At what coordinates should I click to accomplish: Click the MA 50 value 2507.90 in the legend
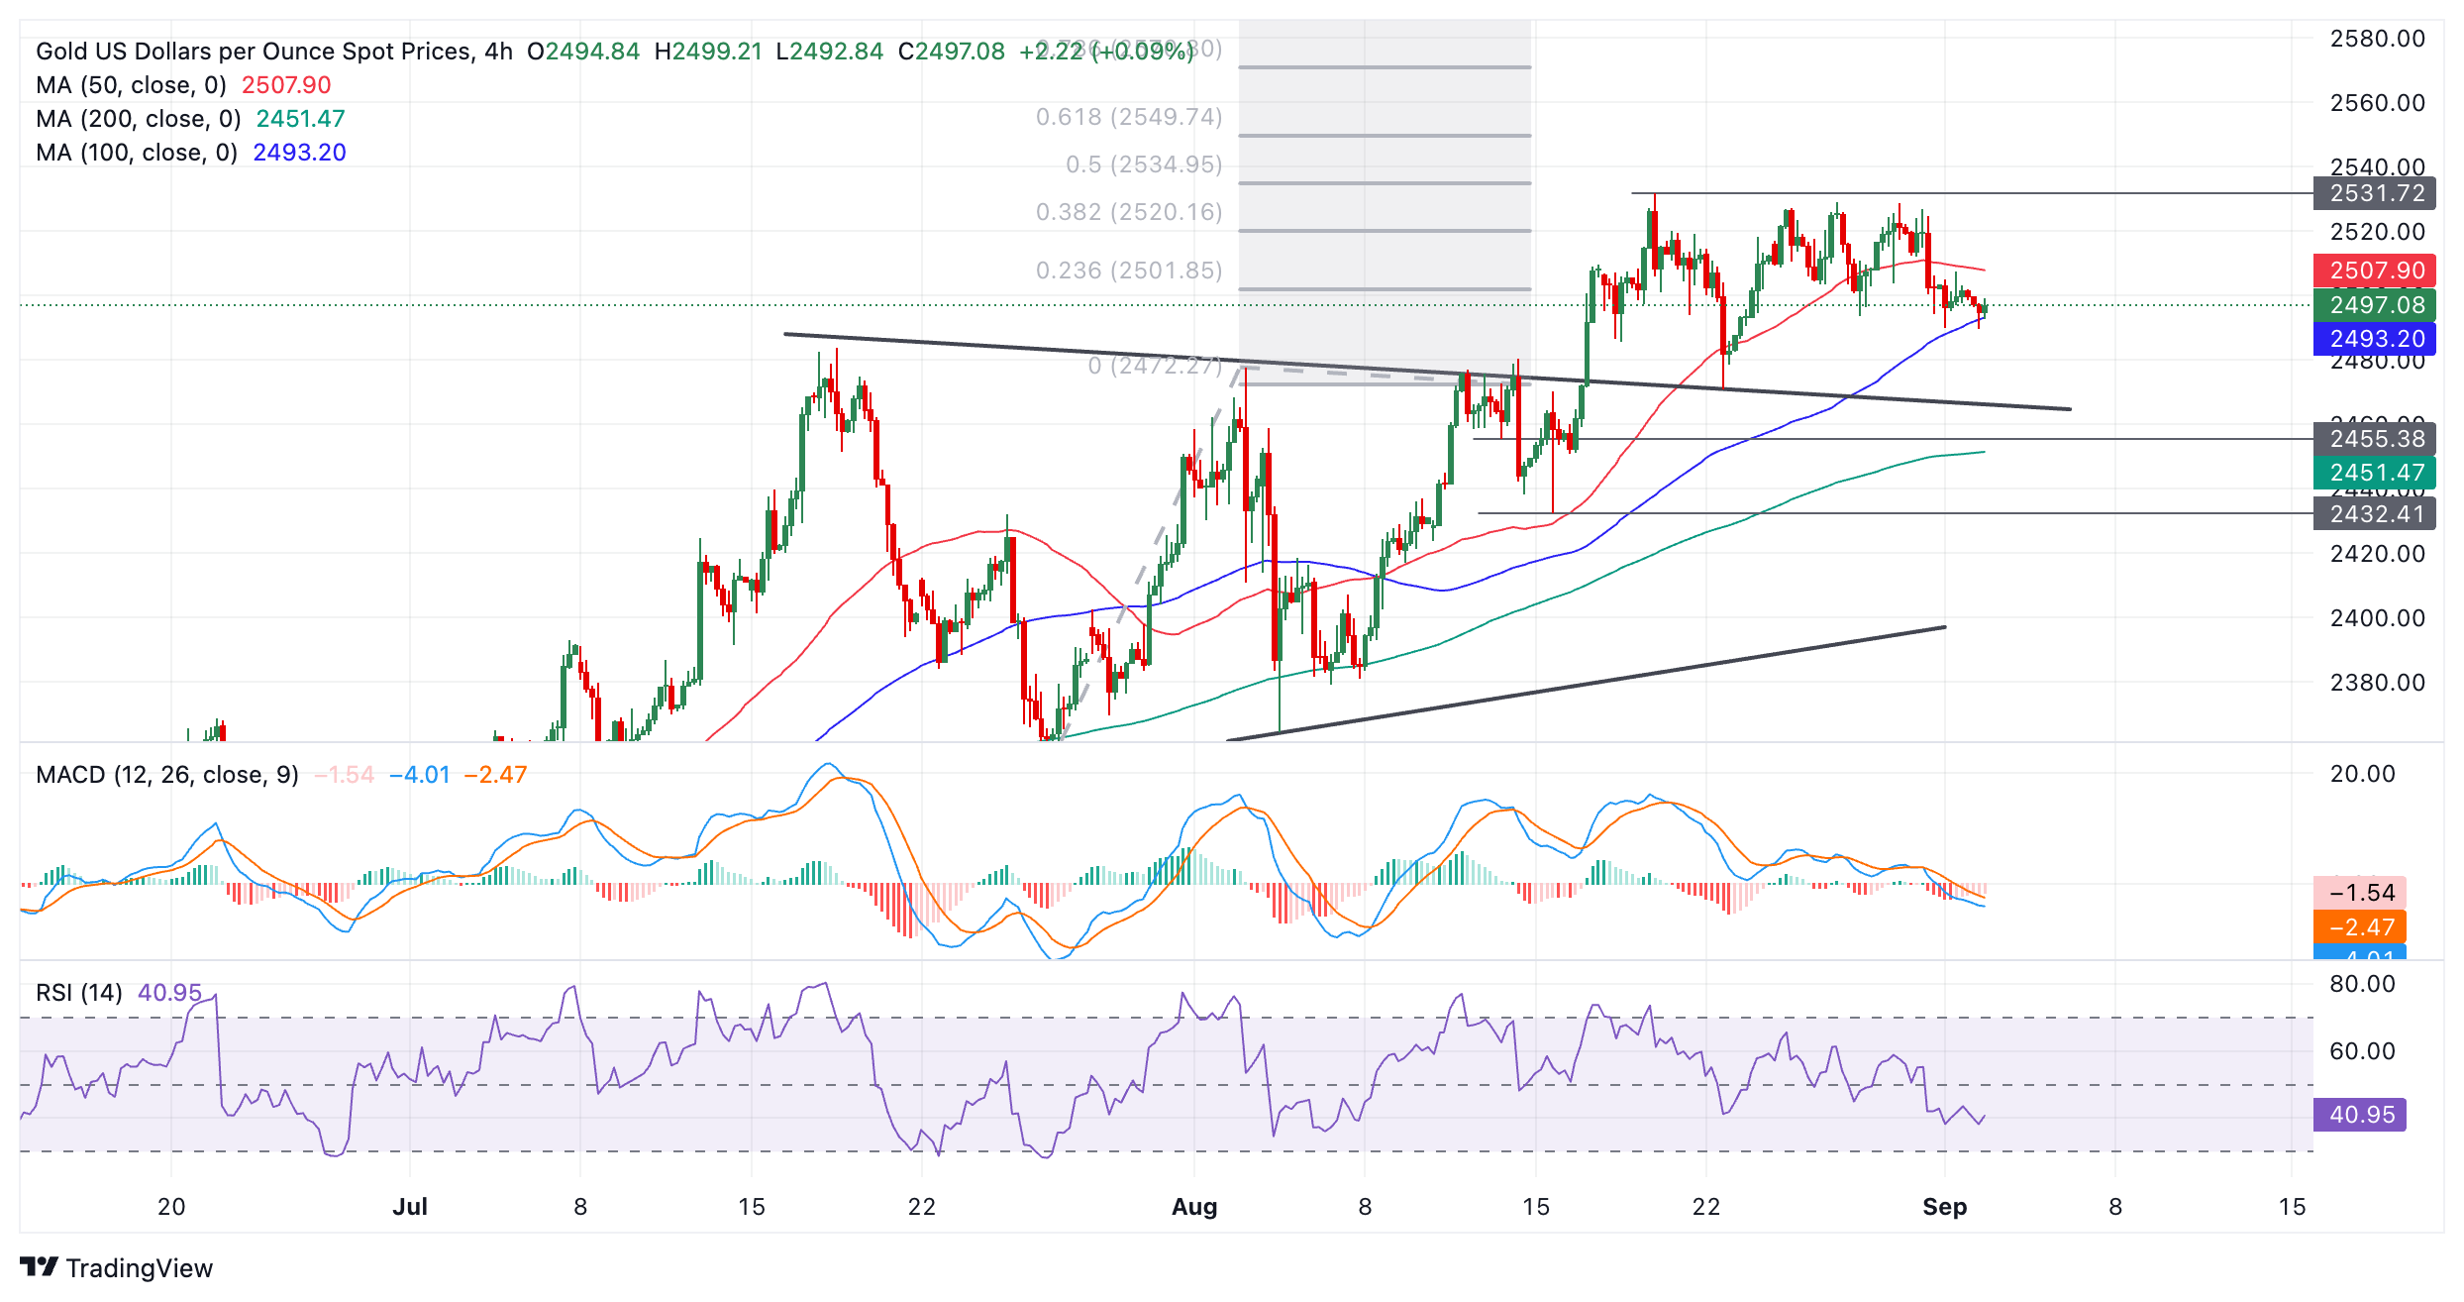click(286, 85)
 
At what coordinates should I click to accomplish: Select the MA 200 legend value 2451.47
click(300, 119)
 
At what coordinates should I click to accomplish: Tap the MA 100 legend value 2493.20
click(299, 153)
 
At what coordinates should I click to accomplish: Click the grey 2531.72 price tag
click(2376, 193)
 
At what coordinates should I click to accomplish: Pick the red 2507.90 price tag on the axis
click(2376, 271)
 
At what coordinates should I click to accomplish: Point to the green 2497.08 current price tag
click(2376, 305)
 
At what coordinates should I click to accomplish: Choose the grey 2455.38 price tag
click(2376, 439)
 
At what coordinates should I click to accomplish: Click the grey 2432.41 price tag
click(2376, 514)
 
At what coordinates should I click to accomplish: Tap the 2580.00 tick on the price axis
click(2377, 39)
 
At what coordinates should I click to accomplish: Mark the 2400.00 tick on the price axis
click(2377, 618)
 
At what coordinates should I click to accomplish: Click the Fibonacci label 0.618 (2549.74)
click(1129, 117)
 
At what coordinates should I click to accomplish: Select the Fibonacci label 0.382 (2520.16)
click(1129, 212)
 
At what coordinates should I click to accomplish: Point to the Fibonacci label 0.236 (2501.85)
click(1129, 271)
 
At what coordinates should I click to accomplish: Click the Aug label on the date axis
click(1194, 1207)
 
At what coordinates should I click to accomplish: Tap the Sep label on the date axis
click(1944, 1207)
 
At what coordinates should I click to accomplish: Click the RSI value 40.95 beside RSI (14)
click(169, 993)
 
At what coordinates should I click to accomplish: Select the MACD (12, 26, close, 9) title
click(167, 775)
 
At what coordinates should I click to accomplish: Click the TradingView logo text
click(139, 1268)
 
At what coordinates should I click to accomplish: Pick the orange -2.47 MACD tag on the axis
click(2361, 927)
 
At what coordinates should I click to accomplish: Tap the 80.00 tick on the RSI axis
click(2362, 984)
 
